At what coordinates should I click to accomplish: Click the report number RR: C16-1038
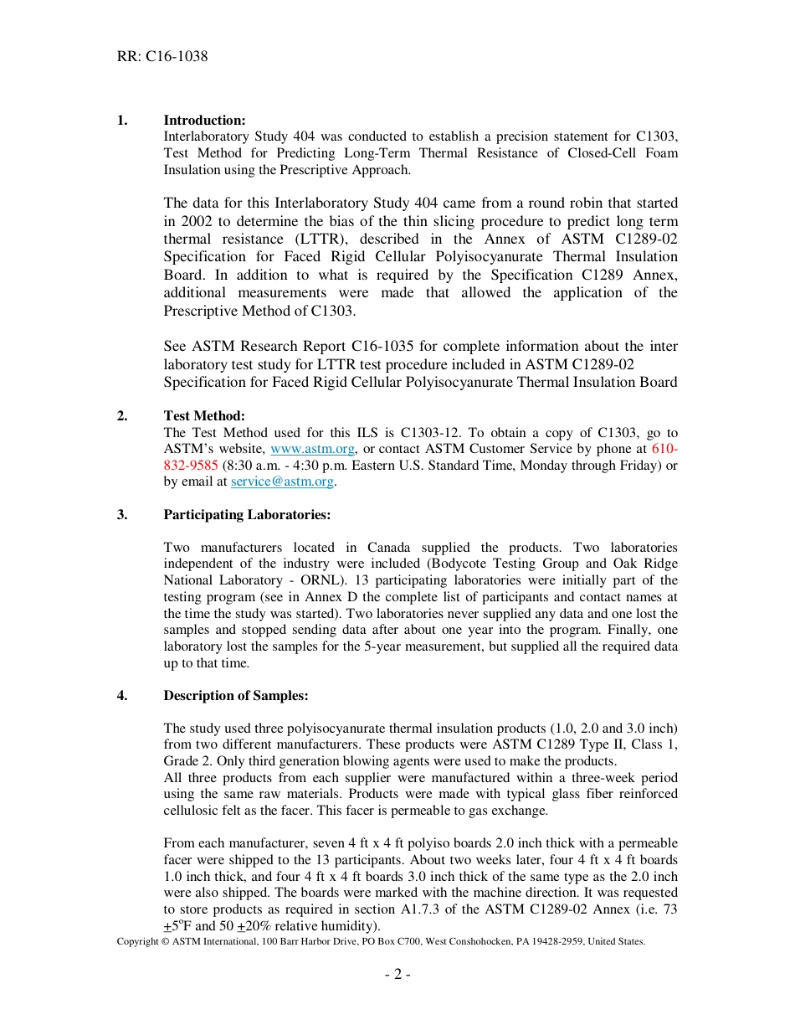162,57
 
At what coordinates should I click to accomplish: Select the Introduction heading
204,121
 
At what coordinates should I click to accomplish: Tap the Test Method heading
204,416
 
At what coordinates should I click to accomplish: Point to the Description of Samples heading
236,696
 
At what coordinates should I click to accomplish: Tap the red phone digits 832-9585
191,466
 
